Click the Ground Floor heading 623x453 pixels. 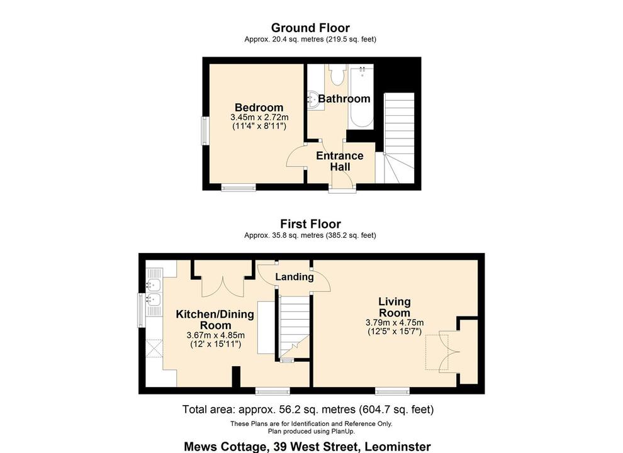[310, 28]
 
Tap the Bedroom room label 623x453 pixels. [259, 108]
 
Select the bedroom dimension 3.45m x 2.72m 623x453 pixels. [259, 117]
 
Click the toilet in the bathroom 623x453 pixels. [336, 75]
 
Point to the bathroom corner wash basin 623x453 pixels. [314, 99]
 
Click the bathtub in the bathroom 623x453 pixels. [362, 98]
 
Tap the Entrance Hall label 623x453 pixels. [339, 161]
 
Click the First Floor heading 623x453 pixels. [310, 224]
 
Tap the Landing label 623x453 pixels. [295, 277]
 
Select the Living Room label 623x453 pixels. [395, 307]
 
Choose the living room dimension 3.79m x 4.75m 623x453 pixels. [395, 323]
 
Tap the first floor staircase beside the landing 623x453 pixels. [293, 324]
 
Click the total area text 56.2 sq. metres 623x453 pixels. [308, 410]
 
